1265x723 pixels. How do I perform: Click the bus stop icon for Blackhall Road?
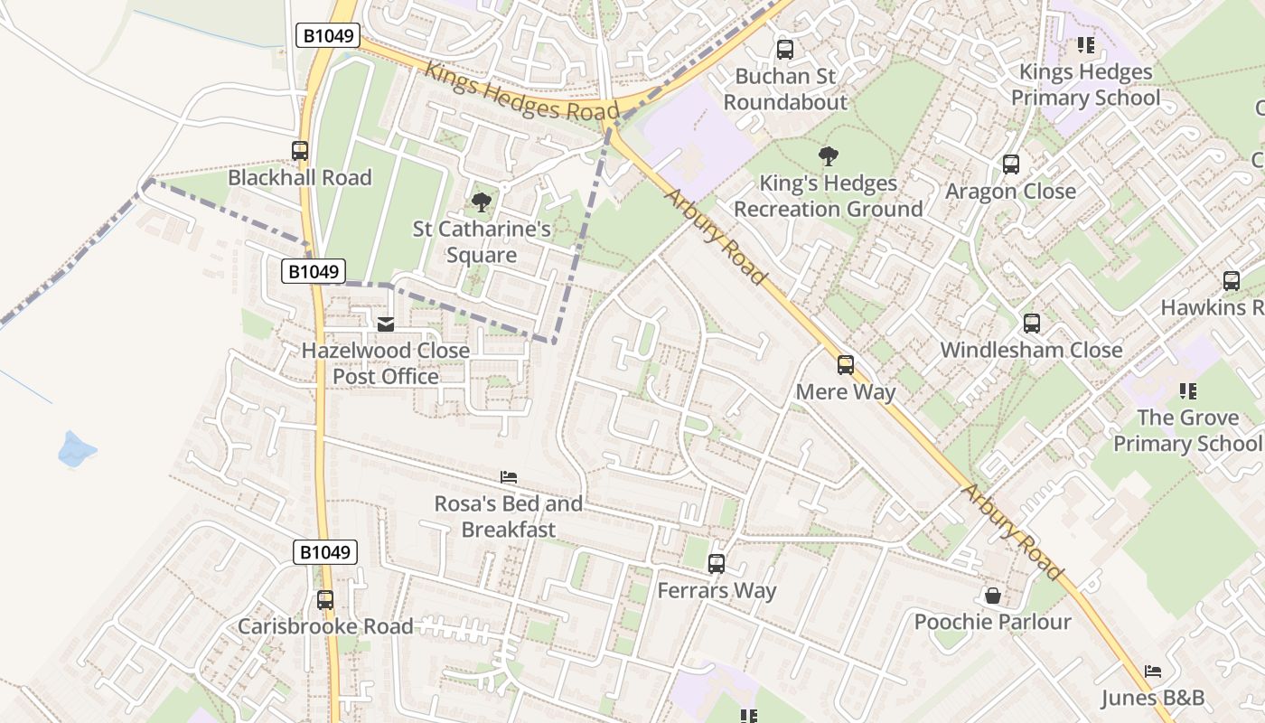click(300, 151)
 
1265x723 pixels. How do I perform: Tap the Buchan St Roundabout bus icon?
click(785, 50)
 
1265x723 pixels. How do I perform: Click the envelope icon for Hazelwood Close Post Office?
click(386, 324)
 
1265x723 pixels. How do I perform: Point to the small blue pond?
click(76, 449)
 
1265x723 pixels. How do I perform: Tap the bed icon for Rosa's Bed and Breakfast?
click(509, 477)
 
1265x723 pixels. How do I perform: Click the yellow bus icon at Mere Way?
click(846, 365)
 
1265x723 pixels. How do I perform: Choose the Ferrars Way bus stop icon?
click(717, 564)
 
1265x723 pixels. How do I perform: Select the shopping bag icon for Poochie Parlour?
click(992, 596)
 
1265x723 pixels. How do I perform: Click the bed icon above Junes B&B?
click(1152, 671)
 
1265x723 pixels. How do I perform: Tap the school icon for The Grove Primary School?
click(1188, 391)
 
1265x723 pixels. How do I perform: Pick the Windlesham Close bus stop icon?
click(1031, 324)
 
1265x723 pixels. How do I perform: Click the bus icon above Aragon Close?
click(1010, 164)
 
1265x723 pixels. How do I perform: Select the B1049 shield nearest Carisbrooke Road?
click(325, 552)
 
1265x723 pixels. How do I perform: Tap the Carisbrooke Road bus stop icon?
click(325, 600)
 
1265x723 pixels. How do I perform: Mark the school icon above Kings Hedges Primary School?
click(1085, 45)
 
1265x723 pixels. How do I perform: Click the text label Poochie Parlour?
click(992, 622)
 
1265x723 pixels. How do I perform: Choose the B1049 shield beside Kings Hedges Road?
click(328, 36)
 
